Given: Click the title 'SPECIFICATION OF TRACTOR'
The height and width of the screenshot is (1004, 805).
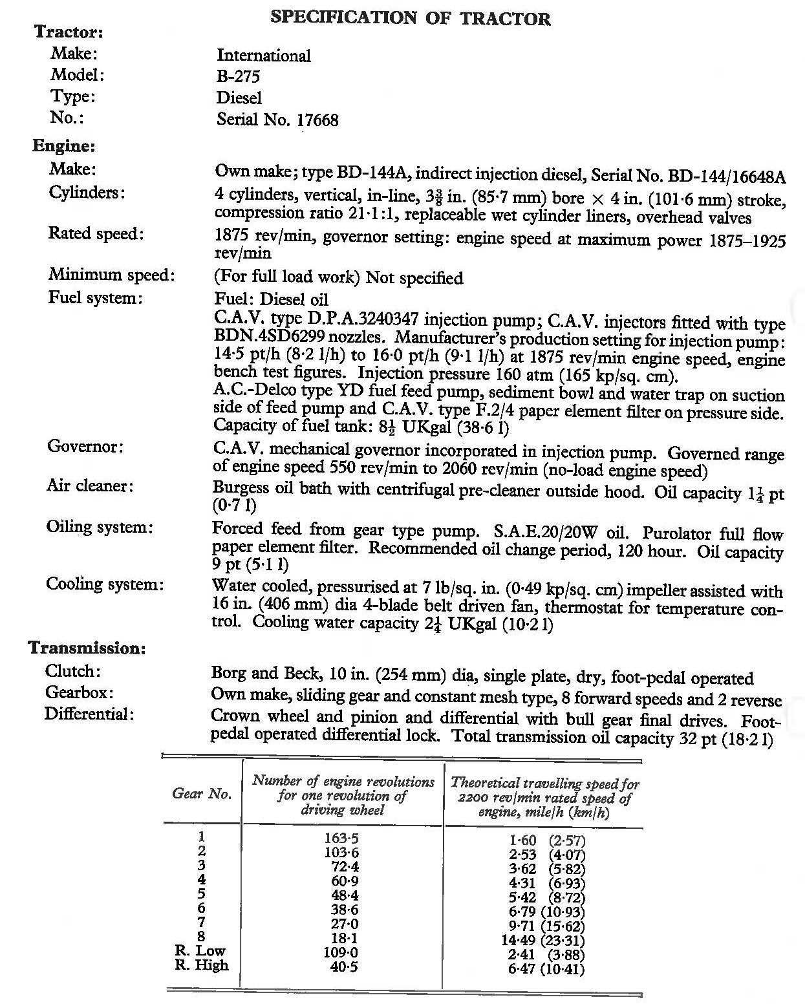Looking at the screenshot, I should [411, 17].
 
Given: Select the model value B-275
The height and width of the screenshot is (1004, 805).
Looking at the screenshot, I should [238, 77].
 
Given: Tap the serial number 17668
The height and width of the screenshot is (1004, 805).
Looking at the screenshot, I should [317, 120].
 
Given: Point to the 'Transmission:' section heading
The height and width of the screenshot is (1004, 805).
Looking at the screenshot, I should [87, 648].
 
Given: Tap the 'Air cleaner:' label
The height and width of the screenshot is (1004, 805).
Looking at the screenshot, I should [89, 486].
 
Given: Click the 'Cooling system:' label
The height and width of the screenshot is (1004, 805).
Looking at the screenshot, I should [104, 584].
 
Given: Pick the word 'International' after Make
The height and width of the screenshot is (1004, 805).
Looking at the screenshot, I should [263, 56].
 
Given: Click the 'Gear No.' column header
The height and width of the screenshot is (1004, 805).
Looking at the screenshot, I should [202, 794].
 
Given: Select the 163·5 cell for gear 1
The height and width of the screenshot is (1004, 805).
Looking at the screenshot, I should [341, 838].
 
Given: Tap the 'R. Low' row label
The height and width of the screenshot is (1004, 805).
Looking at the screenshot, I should [200, 951].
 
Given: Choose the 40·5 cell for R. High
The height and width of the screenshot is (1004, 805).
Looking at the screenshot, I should [343, 967].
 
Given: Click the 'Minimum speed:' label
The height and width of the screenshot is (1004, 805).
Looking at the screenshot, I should [111, 275].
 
